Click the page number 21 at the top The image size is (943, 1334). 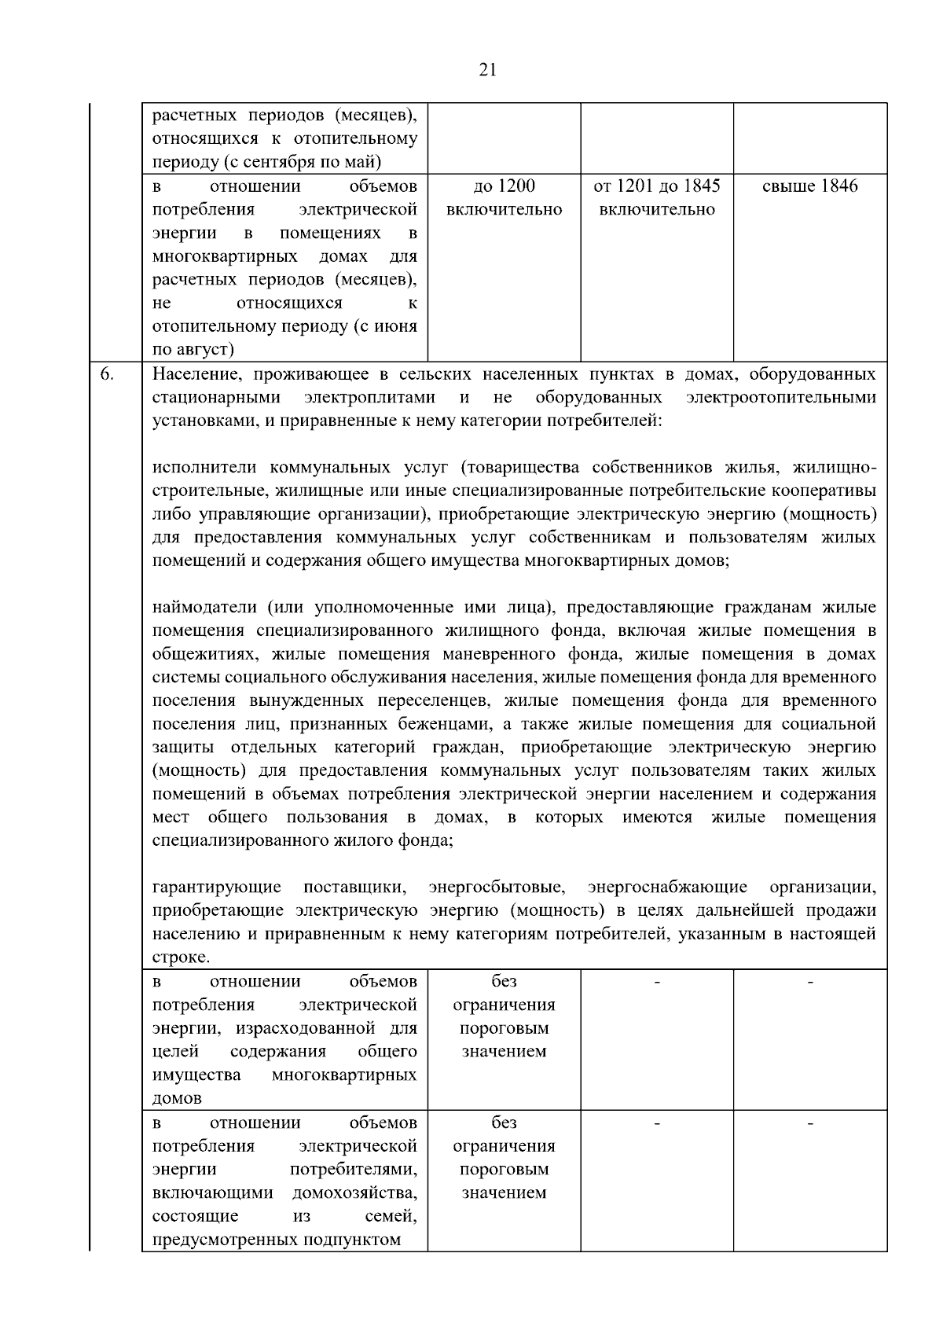click(x=487, y=70)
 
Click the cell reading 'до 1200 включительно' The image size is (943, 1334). click(x=504, y=197)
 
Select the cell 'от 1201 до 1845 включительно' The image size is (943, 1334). click(x=657, y=197)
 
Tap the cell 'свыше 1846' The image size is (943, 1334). click(x=810, y=186)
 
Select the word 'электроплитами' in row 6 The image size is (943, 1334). click(x=370, y=398)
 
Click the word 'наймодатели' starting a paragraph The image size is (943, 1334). click(x=204, y=608)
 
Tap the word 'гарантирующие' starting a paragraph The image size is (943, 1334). click(x=217, y=887)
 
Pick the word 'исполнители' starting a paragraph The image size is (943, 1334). click(x=206, y=468)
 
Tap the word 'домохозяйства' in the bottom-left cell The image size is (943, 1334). click(x=354, y=1193)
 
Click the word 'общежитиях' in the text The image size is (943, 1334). click(x=201, y=654)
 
